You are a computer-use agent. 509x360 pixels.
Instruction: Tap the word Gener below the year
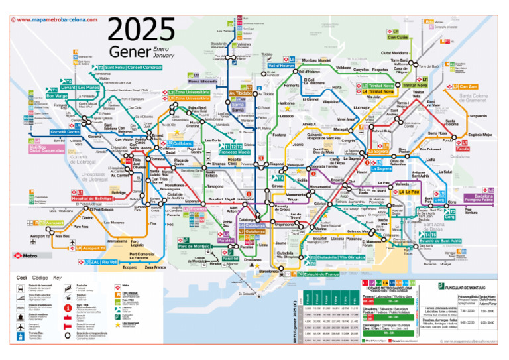130,52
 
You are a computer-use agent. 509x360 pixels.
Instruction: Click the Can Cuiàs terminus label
398,37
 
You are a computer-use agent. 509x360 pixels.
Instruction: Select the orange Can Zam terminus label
467,86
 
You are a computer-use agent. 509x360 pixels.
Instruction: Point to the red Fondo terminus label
462,149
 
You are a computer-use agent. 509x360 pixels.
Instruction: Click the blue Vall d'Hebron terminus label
281,66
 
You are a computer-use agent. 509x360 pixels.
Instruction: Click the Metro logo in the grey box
27,255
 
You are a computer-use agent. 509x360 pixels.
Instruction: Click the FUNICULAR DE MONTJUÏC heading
471,286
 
